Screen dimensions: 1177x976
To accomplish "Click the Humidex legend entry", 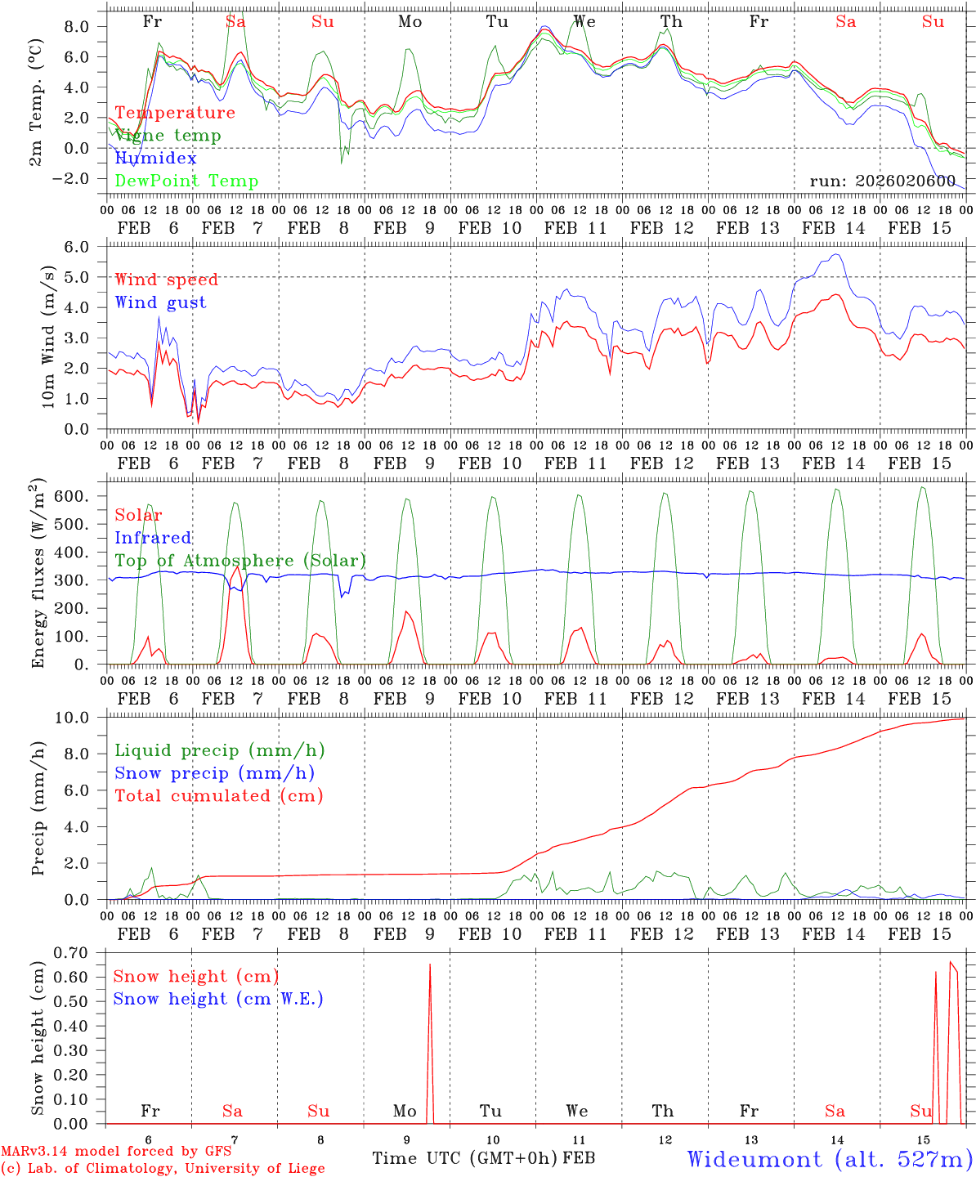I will click(155, 158).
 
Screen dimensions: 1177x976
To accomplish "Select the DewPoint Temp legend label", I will click(186, 181).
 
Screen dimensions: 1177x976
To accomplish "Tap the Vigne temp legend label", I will click(168, 135).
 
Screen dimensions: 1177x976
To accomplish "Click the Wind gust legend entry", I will click(160, 302).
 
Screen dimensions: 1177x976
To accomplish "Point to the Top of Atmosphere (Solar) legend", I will click(240, 561).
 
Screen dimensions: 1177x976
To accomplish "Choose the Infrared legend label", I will click(153, 538).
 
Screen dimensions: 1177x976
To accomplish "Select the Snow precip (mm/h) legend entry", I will click(214, 772).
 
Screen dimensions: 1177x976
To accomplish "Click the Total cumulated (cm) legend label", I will click(218, 795).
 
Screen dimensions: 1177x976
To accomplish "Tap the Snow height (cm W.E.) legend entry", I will click(218, 999).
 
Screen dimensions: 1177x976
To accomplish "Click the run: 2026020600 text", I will click(882, 181).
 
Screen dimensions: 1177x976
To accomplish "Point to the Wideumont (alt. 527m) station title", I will click(829, 1159).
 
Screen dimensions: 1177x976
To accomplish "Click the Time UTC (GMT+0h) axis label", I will click(465, 1158).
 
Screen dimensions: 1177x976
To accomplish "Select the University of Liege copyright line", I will click(163, 1168).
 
